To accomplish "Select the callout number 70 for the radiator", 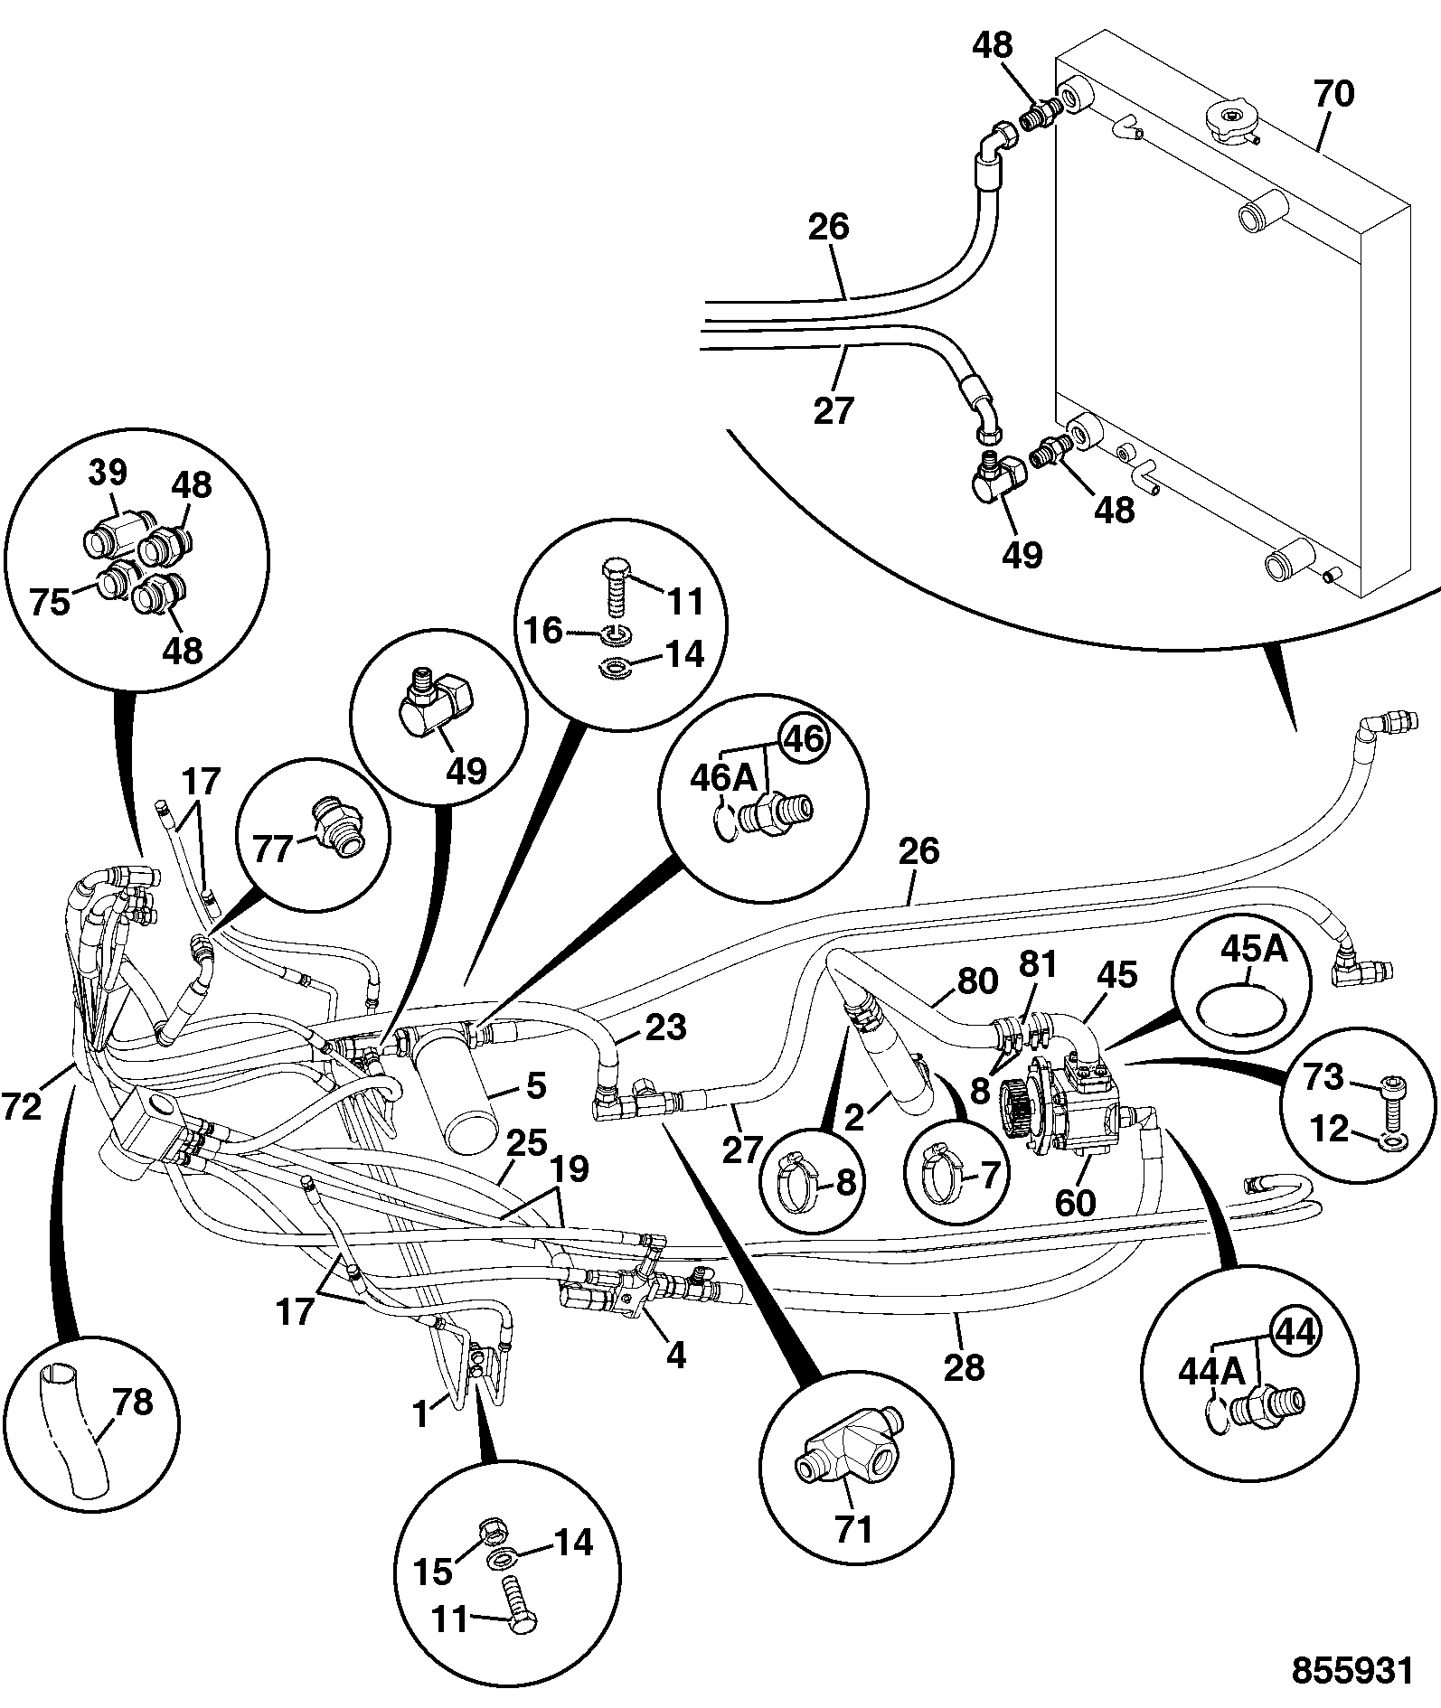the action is [x=1333, y=93].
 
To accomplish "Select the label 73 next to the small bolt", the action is [x=1323, y=1076].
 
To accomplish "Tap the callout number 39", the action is [x=108, y=474].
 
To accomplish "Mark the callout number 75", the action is [x=50, y=602].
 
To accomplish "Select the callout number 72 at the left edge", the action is [x=22, y=1106].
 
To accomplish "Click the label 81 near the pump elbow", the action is [x=1038, y=966].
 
